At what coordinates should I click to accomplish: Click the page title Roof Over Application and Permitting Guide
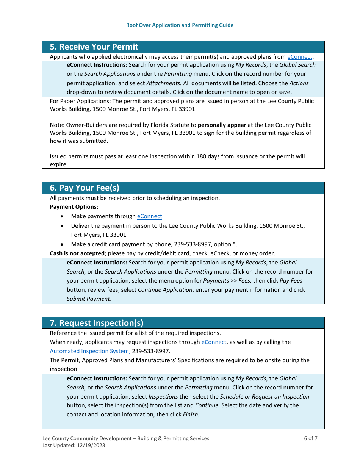click(180, 25)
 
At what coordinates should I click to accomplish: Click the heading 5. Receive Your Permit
click(94, 47)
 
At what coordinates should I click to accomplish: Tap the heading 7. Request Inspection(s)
click(97, 323)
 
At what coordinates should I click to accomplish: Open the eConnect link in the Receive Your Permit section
click(299, 57)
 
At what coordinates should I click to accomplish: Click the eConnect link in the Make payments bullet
click(149, 216)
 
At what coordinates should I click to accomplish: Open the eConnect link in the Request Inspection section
click(214, 342)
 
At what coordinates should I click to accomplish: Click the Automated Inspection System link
click(90, 351)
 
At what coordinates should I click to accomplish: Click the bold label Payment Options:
click(74, 207)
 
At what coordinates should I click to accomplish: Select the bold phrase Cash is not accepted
click(77, 253)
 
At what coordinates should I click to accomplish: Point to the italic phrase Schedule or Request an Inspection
click(265, 397)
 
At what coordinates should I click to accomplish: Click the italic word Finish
click(191, 414)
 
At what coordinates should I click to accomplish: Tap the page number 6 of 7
click(310, 439)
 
